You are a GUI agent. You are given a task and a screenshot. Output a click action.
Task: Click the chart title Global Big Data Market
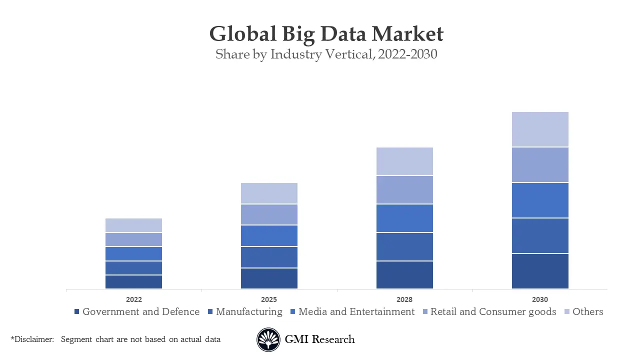coord(326,34)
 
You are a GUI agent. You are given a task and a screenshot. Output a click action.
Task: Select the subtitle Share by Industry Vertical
coord(326,54)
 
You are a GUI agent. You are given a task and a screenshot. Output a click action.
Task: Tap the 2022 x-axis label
coord(133,299)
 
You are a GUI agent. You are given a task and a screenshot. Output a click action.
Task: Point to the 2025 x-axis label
coord(269,299)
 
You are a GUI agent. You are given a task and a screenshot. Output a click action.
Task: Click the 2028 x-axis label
coord(404,299)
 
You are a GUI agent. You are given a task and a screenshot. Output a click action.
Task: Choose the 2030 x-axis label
coord(540,299)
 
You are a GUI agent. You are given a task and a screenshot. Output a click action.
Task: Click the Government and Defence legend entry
coord(140,311)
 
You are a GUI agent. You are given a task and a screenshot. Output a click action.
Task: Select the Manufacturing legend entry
coord(248,311)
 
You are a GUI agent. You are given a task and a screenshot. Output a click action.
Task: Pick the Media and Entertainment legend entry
coord(356,311)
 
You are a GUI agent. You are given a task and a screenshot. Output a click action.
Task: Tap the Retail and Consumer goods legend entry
coord(492,311)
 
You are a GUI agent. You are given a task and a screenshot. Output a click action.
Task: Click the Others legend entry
coord(587,311)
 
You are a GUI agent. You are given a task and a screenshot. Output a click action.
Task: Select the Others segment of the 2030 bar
coord(540,129)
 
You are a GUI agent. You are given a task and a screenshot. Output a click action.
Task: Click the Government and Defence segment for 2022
coord(133,282)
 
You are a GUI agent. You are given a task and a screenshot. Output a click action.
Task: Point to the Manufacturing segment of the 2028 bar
coord(404,246)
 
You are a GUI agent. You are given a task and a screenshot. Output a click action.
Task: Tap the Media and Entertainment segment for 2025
coord(269,235)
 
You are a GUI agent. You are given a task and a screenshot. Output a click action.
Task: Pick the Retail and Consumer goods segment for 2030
coord(540,164)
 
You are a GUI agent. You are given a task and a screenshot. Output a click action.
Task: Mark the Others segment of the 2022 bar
coord(133,225)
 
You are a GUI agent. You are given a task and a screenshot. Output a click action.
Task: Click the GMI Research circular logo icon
coord(268,339)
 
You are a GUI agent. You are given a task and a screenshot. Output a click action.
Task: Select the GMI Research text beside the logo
coord(319,339)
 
